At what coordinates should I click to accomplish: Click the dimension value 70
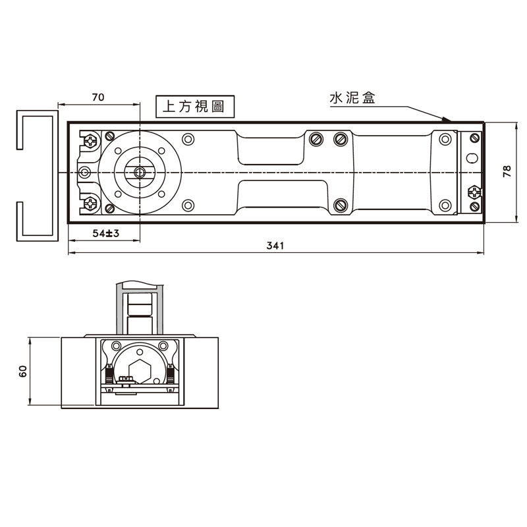click(x=97, y=97)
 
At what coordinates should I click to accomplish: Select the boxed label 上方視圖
click(x=194, y=107)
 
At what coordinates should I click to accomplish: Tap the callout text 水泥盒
click(x=352, y=99)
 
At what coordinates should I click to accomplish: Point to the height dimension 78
click(x=506, y=172)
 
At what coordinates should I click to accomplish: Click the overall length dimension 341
click(x=275, y=246)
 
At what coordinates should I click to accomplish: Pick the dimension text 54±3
click(x=105, y=234)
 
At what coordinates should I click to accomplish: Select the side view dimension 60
click(x=23, y=372)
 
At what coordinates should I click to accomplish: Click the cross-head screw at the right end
click(x=473, y=192)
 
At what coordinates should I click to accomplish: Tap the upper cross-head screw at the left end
click(x=90, y=140)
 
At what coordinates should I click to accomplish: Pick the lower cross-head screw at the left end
click(x=90, y=204)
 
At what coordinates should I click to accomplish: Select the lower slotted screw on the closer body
click(x=340, y=205)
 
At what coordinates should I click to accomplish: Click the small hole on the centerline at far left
click(x=84, y=173)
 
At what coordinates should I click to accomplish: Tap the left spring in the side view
click(x=105, y=375)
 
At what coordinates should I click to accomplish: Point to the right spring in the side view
click(x=171, y=375)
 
